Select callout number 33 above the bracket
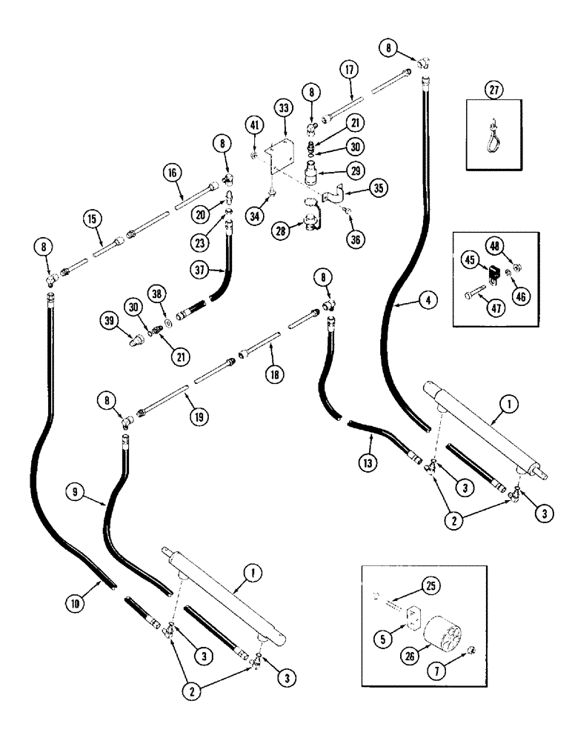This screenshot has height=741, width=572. click(284, 107)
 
